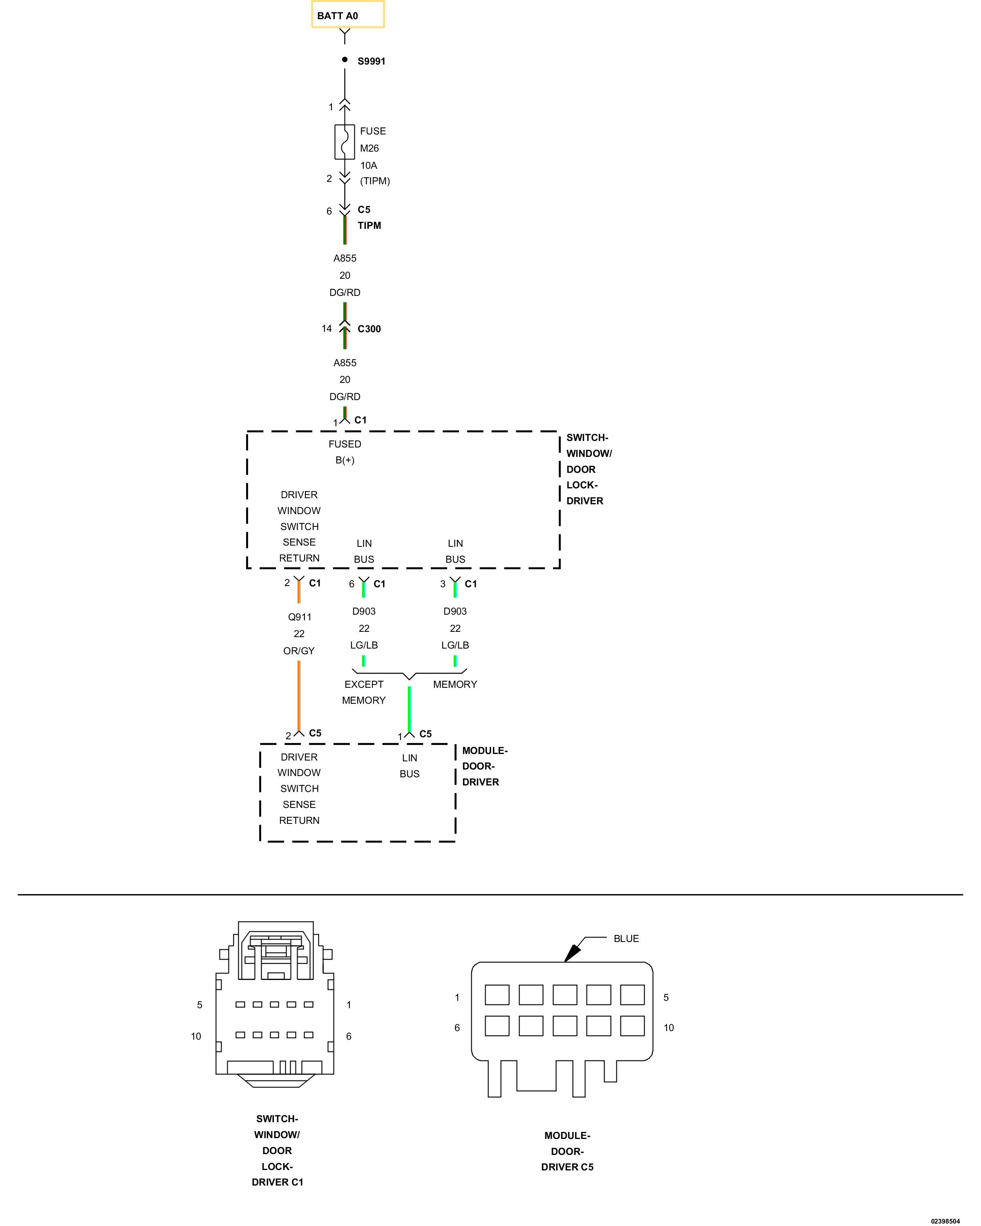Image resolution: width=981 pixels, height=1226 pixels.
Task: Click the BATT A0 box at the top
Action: pyautogui.click(x=347, y=15)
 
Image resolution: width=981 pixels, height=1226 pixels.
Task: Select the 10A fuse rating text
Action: pyautogui.click(x=369, y=166)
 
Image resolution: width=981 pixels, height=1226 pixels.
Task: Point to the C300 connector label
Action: pyautogui.click(x=369, y=329)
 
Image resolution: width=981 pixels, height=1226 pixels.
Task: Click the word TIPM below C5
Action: pyautogui.click(x=369, y=226)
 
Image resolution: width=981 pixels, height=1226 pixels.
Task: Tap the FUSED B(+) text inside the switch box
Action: pyautogui.click(x=345, y=452)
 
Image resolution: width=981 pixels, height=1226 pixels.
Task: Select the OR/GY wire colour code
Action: pyautogui.click(x=298, y=651)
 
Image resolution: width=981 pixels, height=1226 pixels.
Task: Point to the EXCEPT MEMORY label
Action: pyautogui.click(x=363, y=692)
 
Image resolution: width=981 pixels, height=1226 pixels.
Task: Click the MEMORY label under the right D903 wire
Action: pyautogui.click(x=455, y=685)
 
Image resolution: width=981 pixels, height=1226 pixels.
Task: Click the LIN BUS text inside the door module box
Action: pyautogui.click(x=410, y=766)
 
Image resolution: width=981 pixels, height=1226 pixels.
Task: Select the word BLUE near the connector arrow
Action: pyautogui.click(x=626, y=939)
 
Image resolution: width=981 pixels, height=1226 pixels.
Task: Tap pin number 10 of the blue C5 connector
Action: pyautogui.click(x=669, y=1027)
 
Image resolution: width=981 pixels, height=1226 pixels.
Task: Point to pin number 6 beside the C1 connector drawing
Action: pyautogui.click(x=349, y=1036)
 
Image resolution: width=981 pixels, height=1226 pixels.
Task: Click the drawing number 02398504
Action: pyautogui.click(x=945, y=1221)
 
